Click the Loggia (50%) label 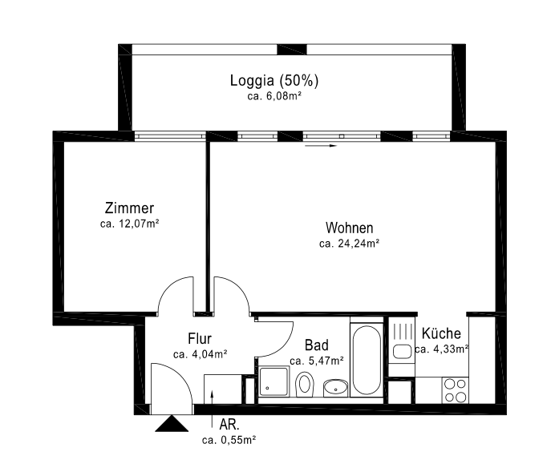[274, 80]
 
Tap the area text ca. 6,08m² [274, 96]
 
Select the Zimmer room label [129, 208]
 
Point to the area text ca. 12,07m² [129, 224]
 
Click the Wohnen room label [349, 228]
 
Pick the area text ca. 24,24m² [349, 244]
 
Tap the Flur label [200, 338]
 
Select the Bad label [316, 345]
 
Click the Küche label [441, 333]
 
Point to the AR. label [229, 425]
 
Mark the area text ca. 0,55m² [229, 440]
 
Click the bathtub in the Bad [367, 360]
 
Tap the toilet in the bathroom [304, 384]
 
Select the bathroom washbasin [335, 388]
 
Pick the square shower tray [273, 381]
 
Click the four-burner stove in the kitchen [456, 390]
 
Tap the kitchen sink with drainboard [402, 341]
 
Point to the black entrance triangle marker [172, 423]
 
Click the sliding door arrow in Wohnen [321, 146]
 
